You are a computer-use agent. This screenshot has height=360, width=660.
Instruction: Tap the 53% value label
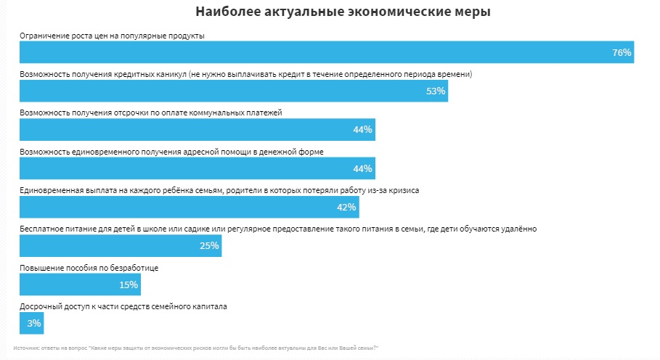[436, 91]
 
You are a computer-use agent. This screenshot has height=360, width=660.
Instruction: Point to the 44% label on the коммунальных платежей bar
[362, 129]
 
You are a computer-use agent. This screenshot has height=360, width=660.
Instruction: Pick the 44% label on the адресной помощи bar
[362, 168]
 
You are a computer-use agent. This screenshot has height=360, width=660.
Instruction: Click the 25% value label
[209, 245]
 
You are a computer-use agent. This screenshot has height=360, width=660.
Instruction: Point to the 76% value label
[622, 52]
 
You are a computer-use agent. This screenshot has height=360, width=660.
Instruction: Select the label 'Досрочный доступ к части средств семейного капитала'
[123, 306]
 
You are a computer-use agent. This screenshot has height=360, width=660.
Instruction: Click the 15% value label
[129, 285]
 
